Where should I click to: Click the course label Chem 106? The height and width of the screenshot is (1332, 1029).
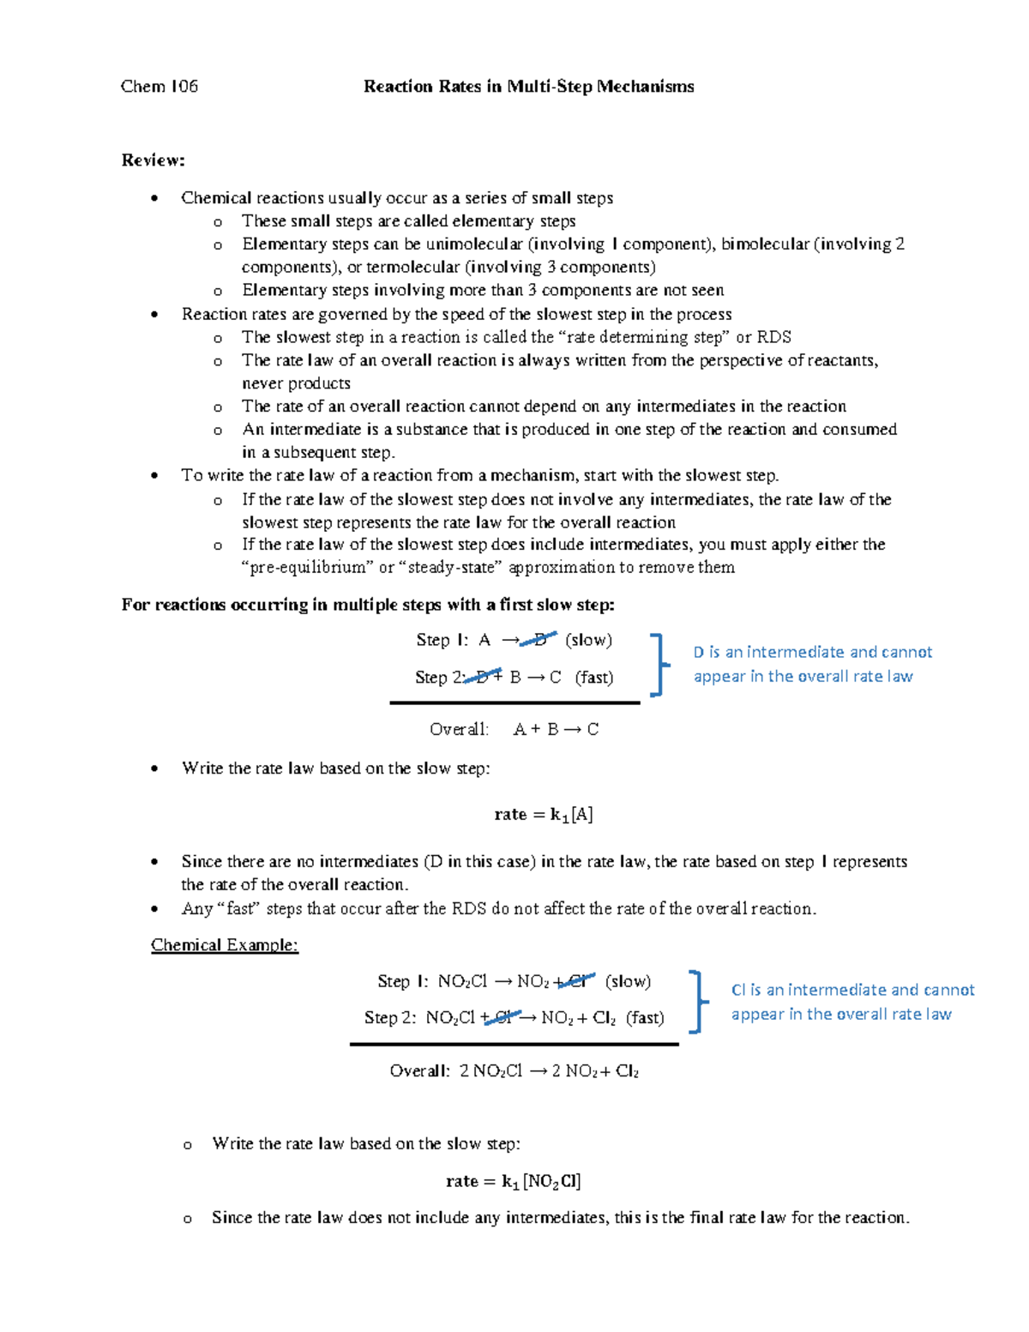pos(159,87)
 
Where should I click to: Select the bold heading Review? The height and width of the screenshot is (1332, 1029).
pos(153,160)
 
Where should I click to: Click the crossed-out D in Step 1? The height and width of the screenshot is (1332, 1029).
pos(539,640)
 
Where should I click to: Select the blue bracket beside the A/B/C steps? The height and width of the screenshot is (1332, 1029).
pos(657,665)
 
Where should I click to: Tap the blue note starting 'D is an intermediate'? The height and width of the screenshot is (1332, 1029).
pos(811,664)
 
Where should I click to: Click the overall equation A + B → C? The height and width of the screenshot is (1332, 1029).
pos(556,730)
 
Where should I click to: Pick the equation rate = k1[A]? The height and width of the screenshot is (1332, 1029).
pos(544,815)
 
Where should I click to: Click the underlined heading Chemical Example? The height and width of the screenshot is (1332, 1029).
pos(225,945)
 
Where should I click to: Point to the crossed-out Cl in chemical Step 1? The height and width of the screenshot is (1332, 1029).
pos(579,981)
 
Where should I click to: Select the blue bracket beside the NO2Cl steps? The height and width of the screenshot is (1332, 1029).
pos(696,1001)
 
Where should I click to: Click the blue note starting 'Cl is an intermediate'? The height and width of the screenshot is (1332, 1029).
pos(851,1002)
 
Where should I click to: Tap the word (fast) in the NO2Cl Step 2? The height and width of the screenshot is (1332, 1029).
pos(645,1018)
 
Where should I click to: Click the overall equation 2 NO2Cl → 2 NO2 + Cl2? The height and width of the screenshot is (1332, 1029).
pos(549,1071)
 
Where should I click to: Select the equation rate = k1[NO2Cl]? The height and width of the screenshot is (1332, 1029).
pos(513,1182)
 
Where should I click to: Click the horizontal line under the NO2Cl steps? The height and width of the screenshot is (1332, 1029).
pos(514,1045)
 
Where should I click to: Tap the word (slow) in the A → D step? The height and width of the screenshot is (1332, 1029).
pos(588,640)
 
